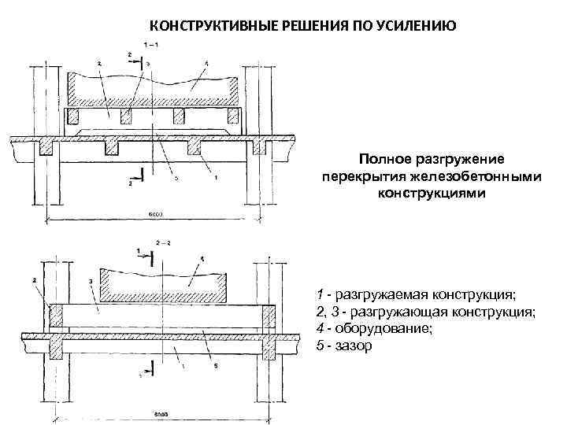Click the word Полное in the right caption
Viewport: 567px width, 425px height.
(384, 158)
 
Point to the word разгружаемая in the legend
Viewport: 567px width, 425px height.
(378, 295)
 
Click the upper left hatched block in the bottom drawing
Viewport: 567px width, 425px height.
(57, 316)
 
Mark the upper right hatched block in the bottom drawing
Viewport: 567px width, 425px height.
(267, 316)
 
